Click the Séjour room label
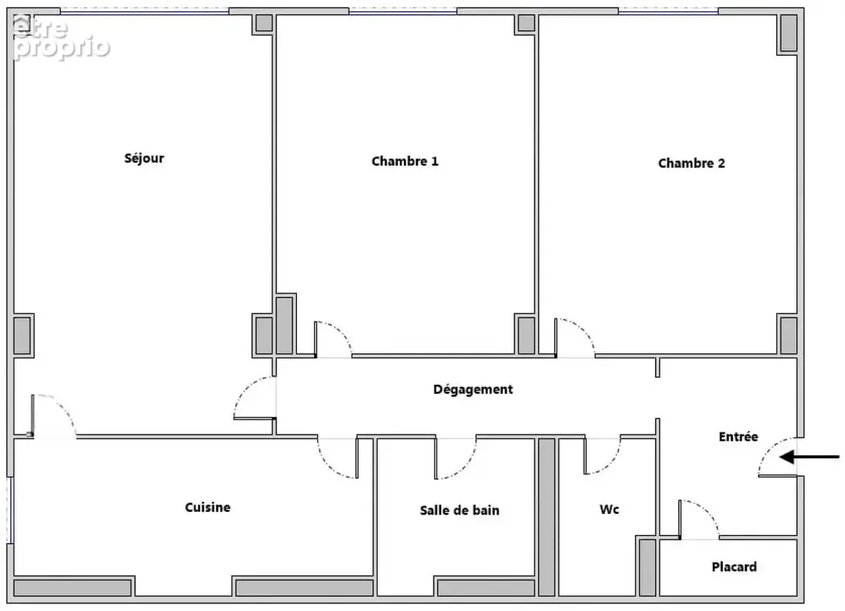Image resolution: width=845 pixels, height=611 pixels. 144,158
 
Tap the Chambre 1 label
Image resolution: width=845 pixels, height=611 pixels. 405,161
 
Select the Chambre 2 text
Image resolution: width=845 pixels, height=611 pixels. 692,163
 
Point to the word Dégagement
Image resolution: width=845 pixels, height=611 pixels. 472,390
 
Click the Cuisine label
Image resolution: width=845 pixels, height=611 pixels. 208,507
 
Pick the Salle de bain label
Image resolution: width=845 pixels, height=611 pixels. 460,510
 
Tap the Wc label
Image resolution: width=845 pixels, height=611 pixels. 609,509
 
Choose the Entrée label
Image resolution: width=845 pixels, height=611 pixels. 738,436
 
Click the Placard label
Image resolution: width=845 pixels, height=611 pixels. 734,567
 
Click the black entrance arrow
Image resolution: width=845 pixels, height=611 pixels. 809,457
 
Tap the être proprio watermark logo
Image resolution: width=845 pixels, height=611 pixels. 60,37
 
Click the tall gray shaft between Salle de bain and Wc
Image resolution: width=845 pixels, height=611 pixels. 547,516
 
